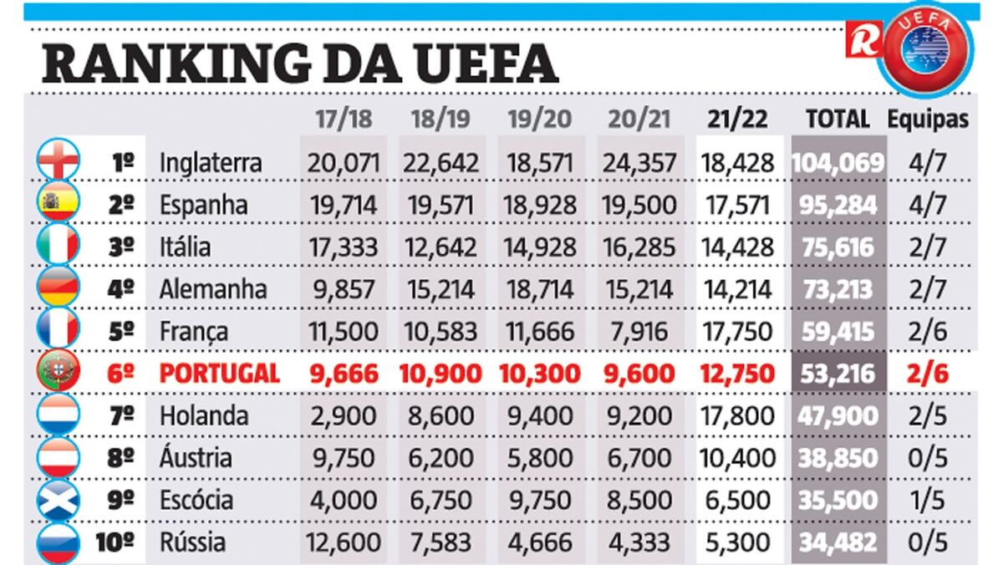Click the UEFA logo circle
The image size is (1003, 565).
tap(927, 49)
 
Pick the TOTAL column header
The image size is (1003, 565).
tap(838, 119)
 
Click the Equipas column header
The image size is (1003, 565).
tap(928, 119)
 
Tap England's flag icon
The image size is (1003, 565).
tap(59, 160)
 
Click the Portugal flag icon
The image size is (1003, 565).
tap(59, 373)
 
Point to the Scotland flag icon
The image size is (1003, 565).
tap(59, 500)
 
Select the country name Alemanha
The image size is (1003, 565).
tap(213, 289)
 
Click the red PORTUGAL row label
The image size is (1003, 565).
tap(219, 373)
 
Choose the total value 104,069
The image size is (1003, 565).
tap(838, 162)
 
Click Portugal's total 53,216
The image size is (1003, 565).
tap(838, 373)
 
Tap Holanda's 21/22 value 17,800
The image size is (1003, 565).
tap(738, 415)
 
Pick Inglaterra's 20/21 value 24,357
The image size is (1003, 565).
tap(640, 162)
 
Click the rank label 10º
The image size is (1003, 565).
tap(115, 542)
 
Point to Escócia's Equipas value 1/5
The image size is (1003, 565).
tap(928, 500)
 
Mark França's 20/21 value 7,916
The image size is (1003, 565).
tap(640, 331)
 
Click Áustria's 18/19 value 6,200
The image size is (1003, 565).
tap(440, 458)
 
